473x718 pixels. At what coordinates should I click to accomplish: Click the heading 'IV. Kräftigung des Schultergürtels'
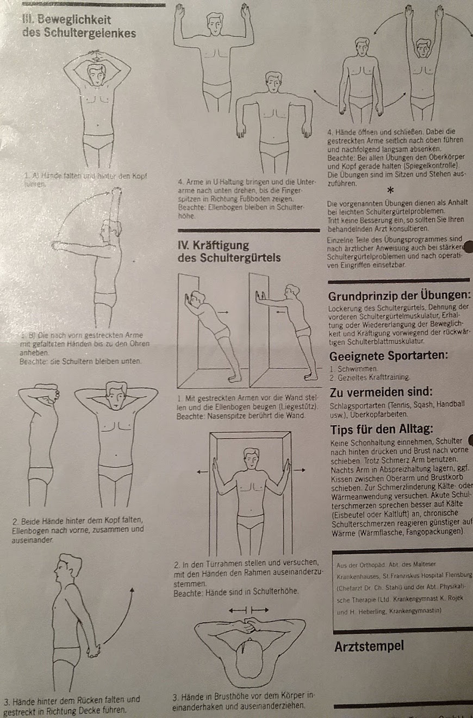click(229, 251)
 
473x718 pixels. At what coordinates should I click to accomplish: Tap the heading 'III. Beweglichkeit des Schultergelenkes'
click(79, 27)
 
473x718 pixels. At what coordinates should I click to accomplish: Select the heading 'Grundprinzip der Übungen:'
click(399, 297)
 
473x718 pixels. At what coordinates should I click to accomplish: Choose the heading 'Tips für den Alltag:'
click(382, 429)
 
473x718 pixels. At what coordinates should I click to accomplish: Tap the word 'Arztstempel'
click(369, 647)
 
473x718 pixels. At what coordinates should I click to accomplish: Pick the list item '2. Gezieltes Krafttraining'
click(370, 377)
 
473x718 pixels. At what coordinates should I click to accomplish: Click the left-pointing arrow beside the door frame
click(202, 472)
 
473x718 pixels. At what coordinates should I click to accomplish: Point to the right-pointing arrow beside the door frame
click(300, 472)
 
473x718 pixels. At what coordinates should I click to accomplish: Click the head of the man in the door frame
click(251, 457)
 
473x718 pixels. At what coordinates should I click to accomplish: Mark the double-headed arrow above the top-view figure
click(248, 610)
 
